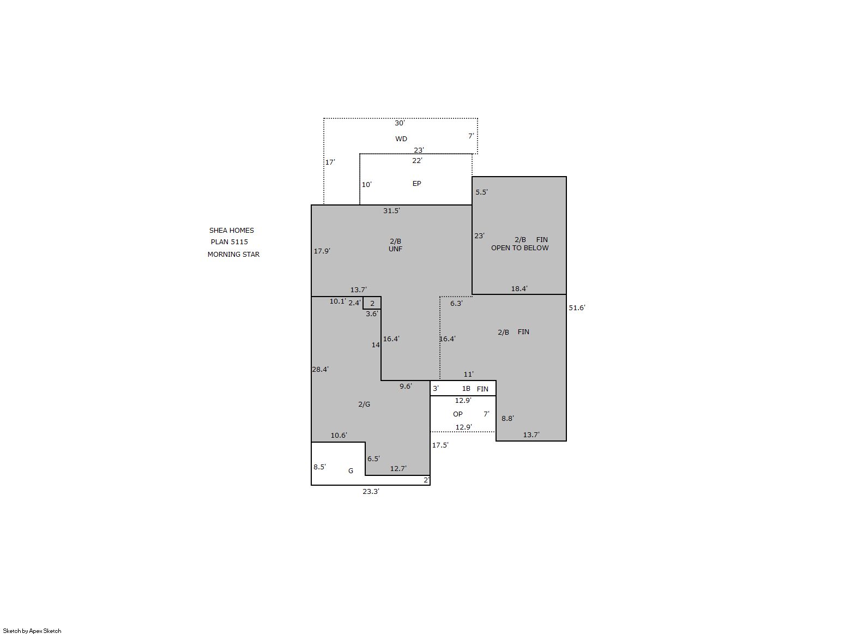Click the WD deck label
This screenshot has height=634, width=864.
(x=401, y=139)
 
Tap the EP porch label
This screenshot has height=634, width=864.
(x=416, y=184)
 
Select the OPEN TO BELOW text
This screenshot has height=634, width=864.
(x=519, y=248)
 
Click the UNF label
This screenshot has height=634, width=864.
(x=395, y=249)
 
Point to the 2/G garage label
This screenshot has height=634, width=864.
(x=364, y=404)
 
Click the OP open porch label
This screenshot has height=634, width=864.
(x=457, y=414)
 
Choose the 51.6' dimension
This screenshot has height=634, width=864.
(x=577, y=308)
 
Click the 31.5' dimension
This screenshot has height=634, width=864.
(x=391, y=210)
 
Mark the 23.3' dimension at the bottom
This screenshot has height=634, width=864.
(x=371, y=491)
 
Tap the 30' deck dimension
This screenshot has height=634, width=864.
(x=400, y=123)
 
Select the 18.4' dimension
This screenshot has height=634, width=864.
(x=519, y=288)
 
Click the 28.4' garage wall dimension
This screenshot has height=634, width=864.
(x=320, y=370)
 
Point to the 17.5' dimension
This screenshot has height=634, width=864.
(x=440, y=445)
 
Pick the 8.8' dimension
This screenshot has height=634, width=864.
(x=507, y=419)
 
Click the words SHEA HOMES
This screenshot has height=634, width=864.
(x=232, y=230)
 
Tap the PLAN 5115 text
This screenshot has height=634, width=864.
(x=229, y=242)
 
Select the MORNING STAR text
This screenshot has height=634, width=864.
(x=233, y=255)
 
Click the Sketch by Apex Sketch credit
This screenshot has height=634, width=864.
(x=32, y=631)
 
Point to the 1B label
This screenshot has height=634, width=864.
(x=466, y=389)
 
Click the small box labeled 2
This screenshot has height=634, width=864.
(x=372, y=303)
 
